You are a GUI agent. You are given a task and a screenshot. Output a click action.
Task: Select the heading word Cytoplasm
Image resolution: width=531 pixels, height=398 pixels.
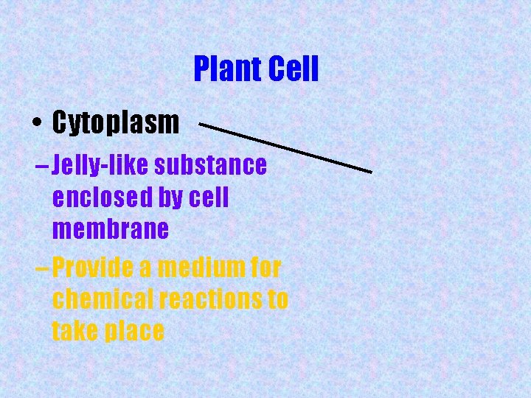(x=116, y=123)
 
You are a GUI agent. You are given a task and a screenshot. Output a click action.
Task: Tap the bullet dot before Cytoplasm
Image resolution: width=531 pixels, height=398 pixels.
(x=36, y=124)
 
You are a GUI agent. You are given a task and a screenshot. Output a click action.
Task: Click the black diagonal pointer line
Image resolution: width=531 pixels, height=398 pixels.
(x=285, y=148)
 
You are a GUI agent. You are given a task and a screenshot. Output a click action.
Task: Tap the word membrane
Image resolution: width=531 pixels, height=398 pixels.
(x=111, y=230)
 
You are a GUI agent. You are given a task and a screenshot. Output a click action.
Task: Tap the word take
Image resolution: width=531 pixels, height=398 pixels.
(x=75, y=331)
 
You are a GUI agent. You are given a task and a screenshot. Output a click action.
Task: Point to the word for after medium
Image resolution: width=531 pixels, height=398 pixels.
(x=263, y=268)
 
